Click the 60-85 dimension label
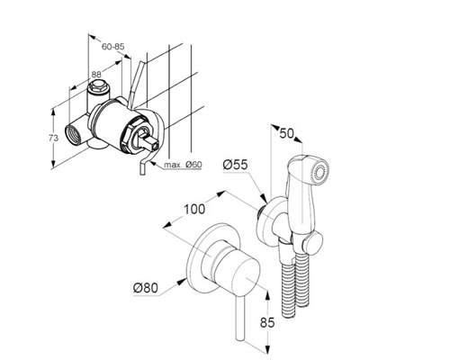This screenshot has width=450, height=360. click(x=112, y=47)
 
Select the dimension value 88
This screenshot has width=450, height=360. click(x=96, y=74)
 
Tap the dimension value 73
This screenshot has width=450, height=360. click(x=53, y=139)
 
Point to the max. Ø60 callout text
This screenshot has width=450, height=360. click(x=183, y=165)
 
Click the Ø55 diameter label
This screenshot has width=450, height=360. click(x=236, y=165)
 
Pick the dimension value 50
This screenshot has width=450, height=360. click(x=286, y=133)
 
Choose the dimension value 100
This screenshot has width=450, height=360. click(x=194, y=209)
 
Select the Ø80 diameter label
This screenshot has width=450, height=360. click(x=146, y=288)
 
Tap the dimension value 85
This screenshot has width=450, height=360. click(x=267, y=323)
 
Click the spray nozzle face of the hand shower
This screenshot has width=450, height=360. click(x=320, y=174)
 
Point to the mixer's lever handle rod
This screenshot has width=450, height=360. click(x=240, y=319)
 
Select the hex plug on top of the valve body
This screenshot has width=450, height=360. click(x=97, y=86)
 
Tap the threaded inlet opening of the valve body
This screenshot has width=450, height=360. click(x=74, y=134)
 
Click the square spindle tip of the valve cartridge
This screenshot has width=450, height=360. click(x=153, y=144)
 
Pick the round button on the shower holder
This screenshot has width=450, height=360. click(x=314, y=243)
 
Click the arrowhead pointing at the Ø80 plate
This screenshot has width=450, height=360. click(x=181, y=282)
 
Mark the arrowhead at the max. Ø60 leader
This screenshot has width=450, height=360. click(x=152, y=163)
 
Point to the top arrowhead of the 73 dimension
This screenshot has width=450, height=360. click(x=53, y=112)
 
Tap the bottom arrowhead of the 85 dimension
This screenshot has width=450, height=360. click(x=268, y=349)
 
